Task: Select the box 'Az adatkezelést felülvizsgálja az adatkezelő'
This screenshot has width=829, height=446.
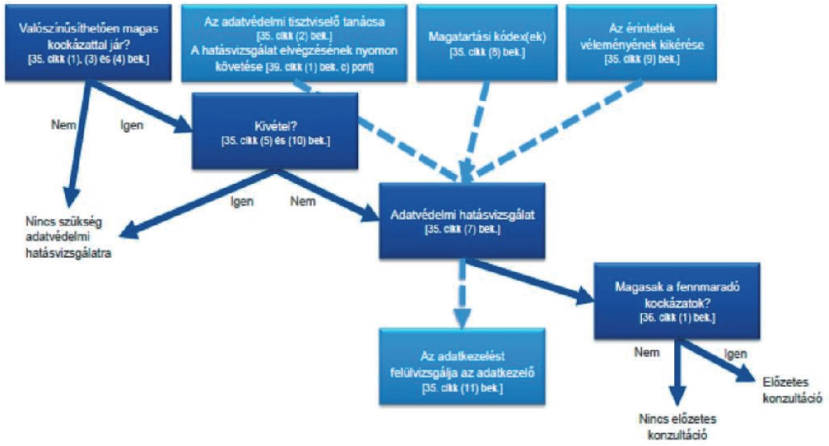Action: click(x=463, y=366)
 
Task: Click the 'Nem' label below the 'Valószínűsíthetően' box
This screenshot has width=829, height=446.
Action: click(x=63, y=124)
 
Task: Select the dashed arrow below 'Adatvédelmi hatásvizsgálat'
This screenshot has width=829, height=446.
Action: click(x=463, y=292)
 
